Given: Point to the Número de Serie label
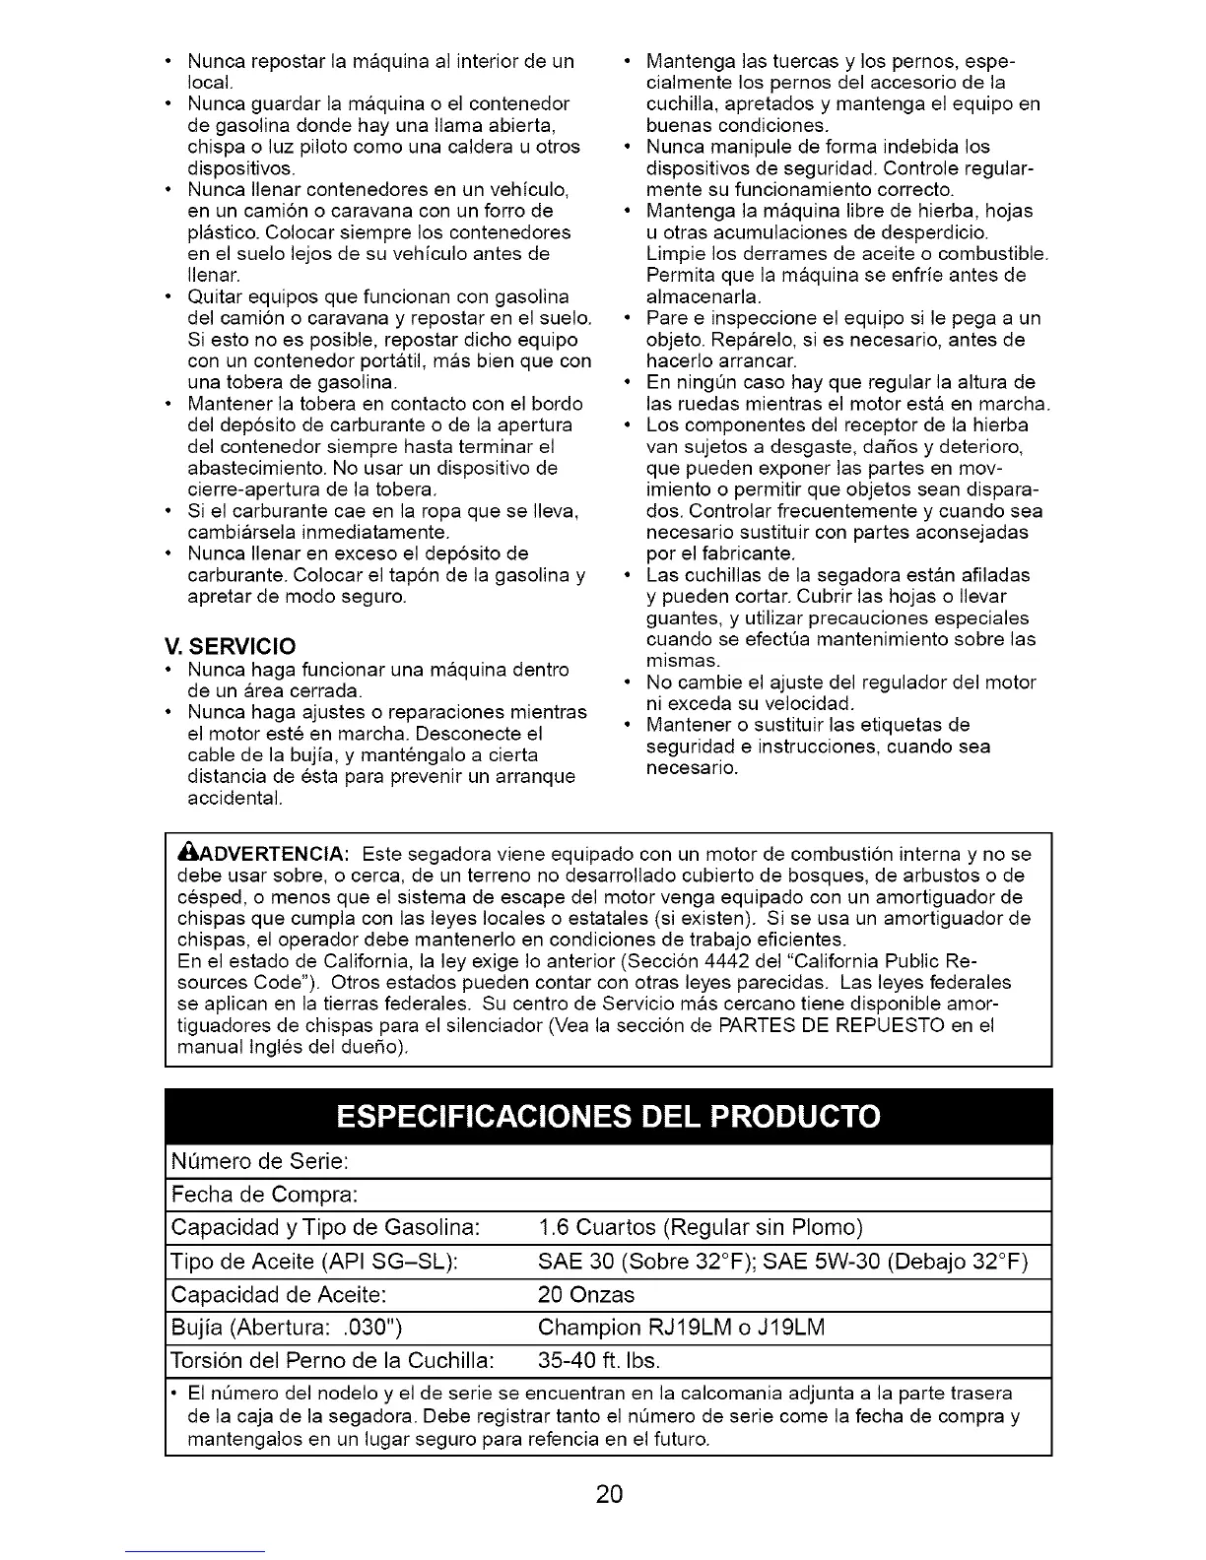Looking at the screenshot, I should click(259, 1162).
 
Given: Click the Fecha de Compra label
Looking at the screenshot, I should click(263, 1196).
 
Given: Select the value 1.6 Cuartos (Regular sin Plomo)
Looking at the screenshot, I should click(701, 1228).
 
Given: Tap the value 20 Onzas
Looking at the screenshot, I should click(587, 1294).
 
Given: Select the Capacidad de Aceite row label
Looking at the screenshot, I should click(278, 1294).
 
